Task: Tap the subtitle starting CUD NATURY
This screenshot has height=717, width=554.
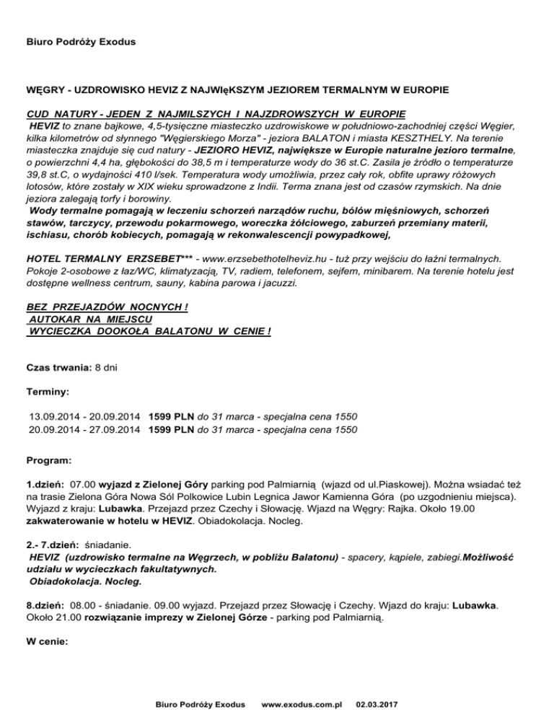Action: (x=216, y=115)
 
